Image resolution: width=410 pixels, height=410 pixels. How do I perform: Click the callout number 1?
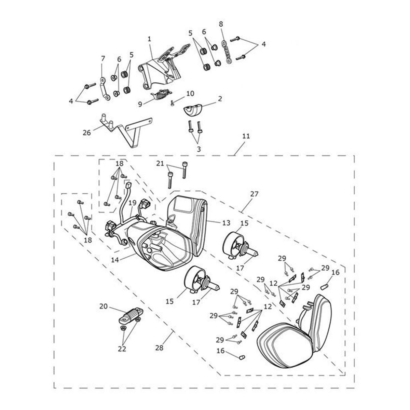pos(149,39)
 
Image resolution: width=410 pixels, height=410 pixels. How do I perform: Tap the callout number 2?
pos(220,99)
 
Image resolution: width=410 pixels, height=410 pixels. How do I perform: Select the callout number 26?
pos(87,133)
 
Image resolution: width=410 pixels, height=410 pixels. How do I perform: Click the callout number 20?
pos(104,306)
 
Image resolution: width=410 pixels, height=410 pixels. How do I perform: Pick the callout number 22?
pos(122,349)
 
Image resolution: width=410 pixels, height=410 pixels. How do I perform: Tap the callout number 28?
pos(159,347)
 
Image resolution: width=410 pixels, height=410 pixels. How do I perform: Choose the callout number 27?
pos(254,194)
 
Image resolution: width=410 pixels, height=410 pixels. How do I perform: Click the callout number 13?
pos(226,223)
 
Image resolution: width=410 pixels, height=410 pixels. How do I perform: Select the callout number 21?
pos(160,164)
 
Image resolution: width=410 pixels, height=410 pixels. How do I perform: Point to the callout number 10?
pos(190,93)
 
